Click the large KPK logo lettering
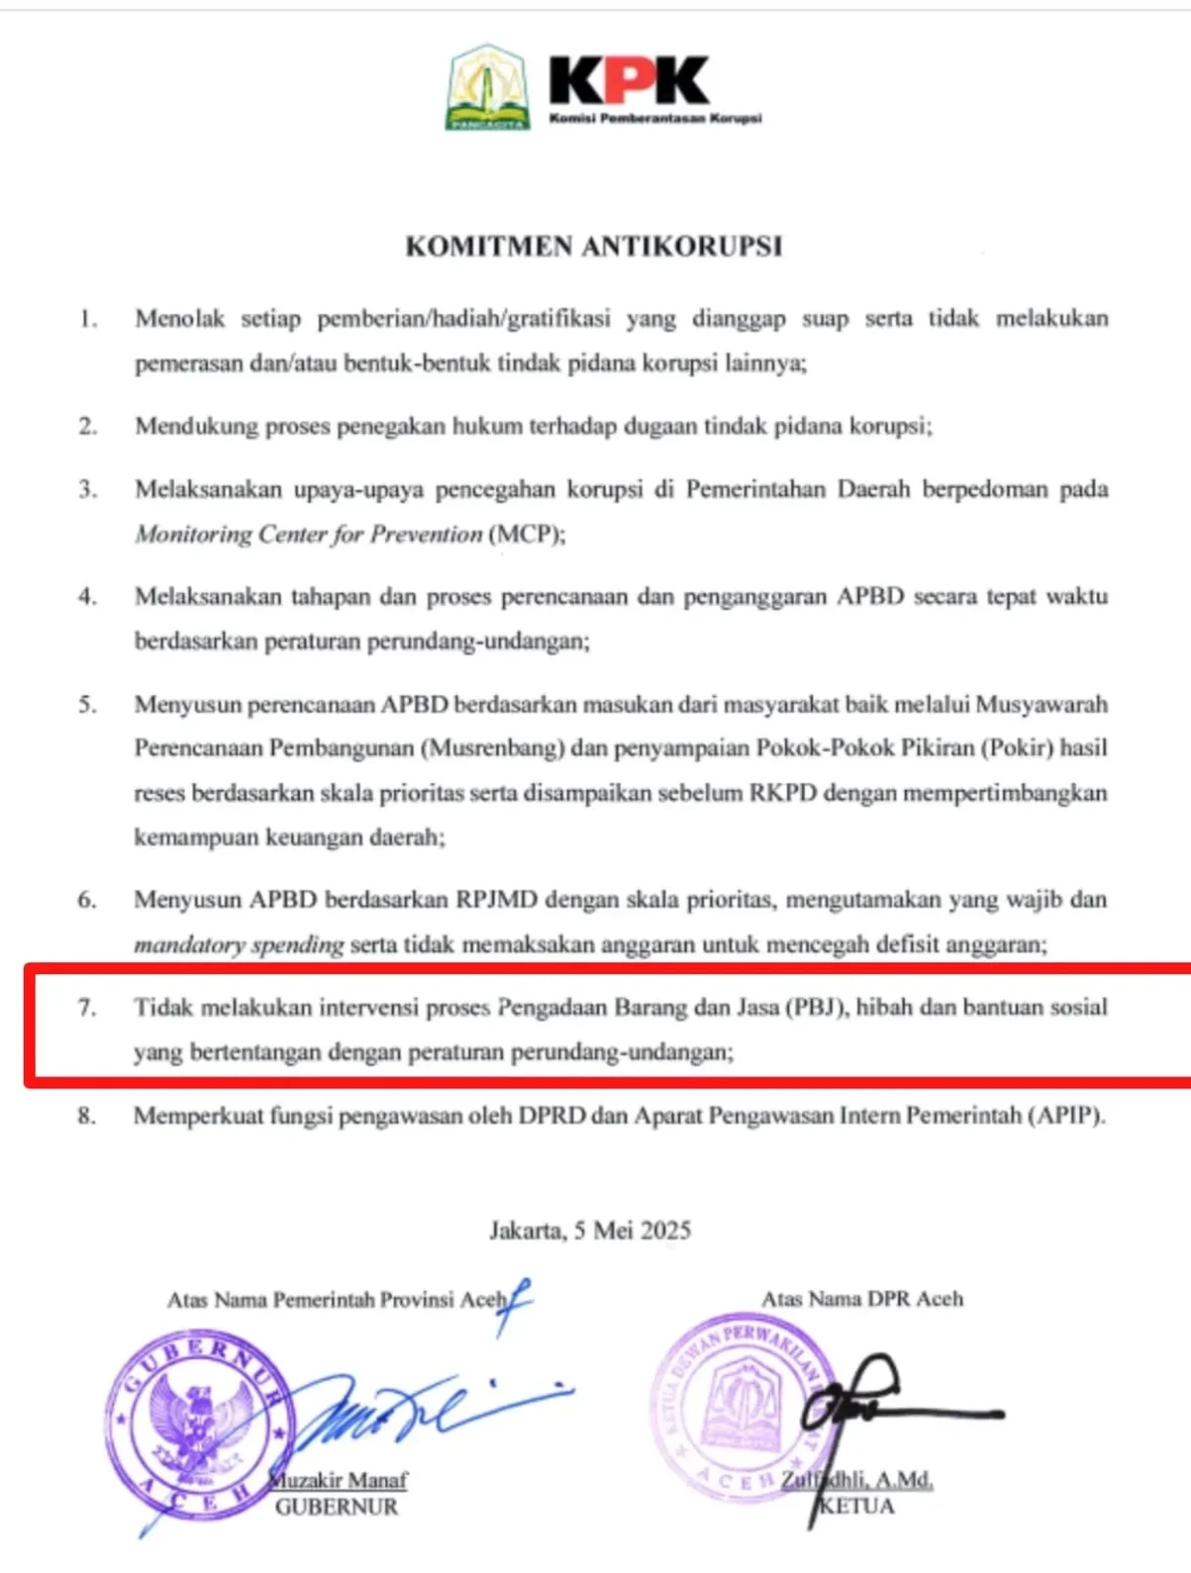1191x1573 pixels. click(x=629, y=81)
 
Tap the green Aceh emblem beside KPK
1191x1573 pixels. click(x=487, y=87)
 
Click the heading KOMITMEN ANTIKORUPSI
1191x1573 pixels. click(x=594, y=246)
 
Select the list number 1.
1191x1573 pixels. click(x=88, y=319)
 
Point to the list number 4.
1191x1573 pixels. click(x=88, y=597)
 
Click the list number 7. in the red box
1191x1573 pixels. click(x=88, y=1007)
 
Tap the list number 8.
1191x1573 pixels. click(x=88, y=1115)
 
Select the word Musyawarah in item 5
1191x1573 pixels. click(x=1042, y=704)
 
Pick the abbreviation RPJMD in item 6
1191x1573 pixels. click(x=496, y=900)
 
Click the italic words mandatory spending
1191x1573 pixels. click(x=239, y=944)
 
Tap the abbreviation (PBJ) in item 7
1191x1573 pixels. click(x=817, y=1007)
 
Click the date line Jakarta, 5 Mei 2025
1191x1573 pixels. click(x=591, y=1230)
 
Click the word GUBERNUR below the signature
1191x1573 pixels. click(x=336, y=1506)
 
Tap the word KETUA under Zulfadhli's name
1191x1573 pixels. click(x=857, y=1505)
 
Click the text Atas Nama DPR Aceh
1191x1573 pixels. click(x=862, y=1299)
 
